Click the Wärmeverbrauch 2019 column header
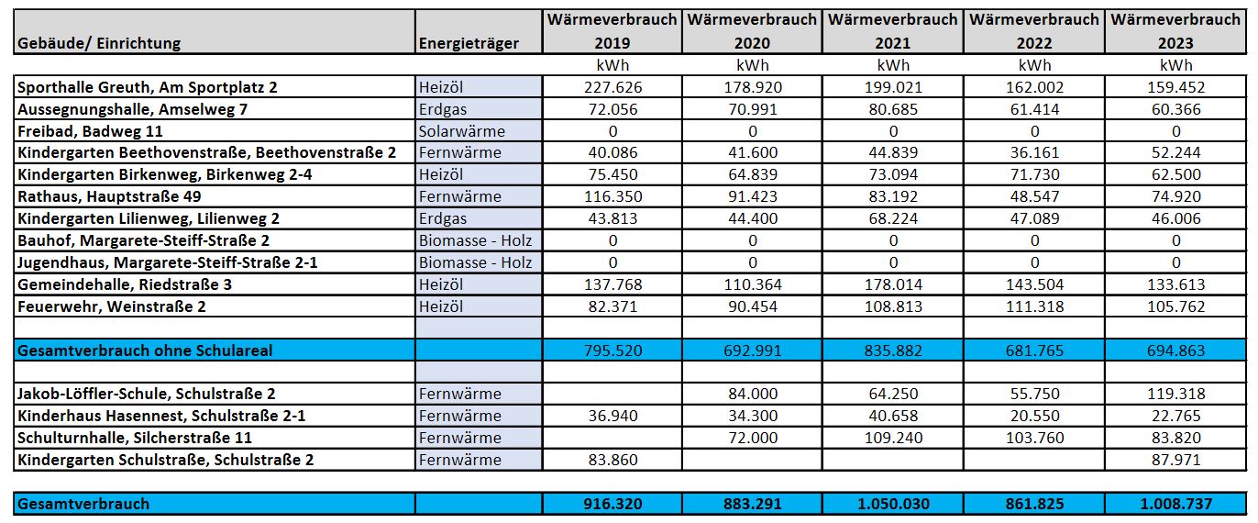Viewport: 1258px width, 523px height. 612,31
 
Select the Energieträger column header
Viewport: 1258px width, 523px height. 468,43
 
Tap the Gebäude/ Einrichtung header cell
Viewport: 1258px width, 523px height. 99,43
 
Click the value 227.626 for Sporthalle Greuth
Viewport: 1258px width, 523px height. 612,87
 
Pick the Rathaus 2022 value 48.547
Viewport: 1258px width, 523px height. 1034,196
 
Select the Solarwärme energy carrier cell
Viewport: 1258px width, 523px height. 461,131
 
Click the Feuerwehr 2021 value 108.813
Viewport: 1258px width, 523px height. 893,306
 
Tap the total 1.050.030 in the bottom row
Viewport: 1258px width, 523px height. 893,504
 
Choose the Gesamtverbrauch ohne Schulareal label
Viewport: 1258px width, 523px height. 145,351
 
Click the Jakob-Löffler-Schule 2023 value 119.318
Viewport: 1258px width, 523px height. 1175,394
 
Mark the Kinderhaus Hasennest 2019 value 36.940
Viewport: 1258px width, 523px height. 612,416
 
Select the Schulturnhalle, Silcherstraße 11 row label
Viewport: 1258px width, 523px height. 135,438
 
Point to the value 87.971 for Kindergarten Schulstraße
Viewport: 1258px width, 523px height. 1175,460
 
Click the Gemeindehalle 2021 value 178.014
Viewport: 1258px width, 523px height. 893,284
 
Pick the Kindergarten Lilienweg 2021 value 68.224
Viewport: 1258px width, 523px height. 893,218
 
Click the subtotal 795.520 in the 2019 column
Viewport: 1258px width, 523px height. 612,351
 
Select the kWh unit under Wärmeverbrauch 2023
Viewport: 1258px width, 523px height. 1175,65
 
